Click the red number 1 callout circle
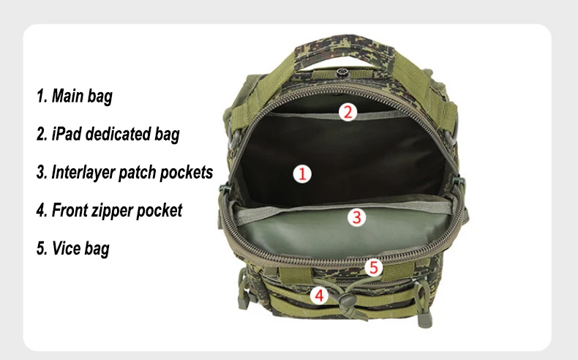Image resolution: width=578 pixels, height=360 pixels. point(302,173)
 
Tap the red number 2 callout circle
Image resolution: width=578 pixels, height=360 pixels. point(348,112)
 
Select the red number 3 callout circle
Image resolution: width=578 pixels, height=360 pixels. point(356,217)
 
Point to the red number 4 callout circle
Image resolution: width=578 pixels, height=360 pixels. point(319,296)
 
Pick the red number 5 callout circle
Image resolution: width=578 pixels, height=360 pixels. point(374,267)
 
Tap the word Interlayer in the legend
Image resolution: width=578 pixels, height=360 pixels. point(83,173)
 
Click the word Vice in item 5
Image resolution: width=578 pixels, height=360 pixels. point(65,248)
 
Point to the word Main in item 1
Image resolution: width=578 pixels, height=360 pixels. point(67,95)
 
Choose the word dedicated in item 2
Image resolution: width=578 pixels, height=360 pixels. point(118,133)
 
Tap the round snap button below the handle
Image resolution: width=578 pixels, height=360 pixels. point(342,72)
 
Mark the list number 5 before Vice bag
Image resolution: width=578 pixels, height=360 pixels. point(42,248)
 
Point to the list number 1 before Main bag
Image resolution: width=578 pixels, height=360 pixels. point(42,95)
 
